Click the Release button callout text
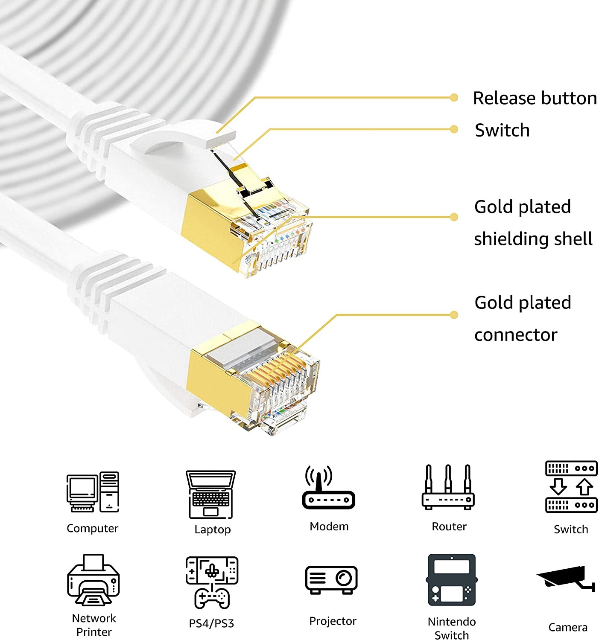[535, 98]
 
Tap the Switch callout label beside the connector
[502, 130]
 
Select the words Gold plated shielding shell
[533, 223]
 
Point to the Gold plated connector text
[523, 318]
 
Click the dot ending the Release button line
[454, 98]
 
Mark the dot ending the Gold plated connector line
[454, 315]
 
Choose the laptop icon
[211, 494]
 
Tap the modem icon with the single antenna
[328, 489]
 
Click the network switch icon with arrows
[571, 486]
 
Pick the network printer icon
[93, 580]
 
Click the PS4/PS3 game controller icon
[212, 582]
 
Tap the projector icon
[331, 579]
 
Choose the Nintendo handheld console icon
[451, 580]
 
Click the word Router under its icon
[449, 527]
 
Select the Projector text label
[333, 621]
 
